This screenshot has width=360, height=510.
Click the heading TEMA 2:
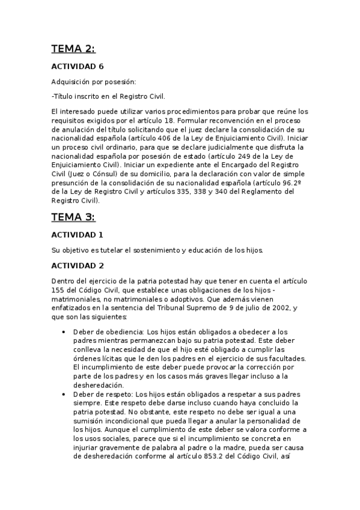coord(73,49)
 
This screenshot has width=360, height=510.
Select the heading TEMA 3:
coord(73,217)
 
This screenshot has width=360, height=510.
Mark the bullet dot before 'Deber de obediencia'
coord(64,332)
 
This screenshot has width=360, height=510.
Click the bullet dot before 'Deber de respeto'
coord(64,393)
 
